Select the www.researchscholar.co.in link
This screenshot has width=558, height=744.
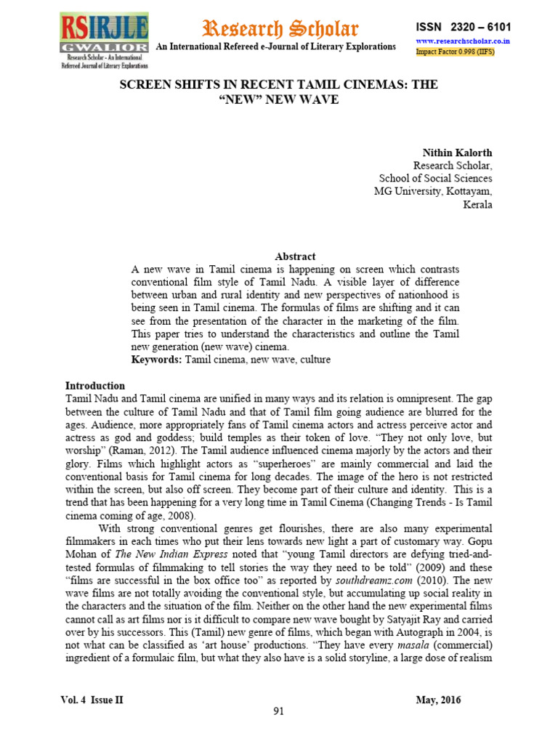coord(462,41)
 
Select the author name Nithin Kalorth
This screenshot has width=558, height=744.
coord(457,152)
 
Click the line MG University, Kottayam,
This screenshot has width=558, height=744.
coord(432,191)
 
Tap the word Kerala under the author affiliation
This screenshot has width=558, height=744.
coord(477,204)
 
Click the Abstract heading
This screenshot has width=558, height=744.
coord(295,256)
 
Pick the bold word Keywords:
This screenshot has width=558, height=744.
coord(157,360)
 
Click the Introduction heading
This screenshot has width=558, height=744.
coord(95,386)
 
